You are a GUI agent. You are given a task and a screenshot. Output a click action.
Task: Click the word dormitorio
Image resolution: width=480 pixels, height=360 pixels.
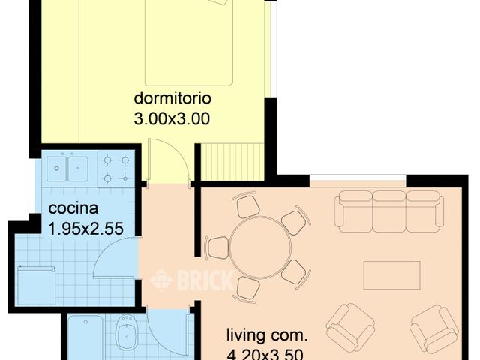pos(172,98)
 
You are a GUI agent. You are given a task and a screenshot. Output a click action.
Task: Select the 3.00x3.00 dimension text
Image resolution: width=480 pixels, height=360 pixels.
pos(171,118)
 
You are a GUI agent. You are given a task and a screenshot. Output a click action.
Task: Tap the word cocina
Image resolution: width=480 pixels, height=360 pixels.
pos(72,208)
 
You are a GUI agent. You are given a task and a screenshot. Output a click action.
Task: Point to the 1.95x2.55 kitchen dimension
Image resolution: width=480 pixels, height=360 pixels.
pos(85,229)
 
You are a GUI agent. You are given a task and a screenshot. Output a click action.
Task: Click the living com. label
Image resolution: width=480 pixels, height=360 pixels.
pos(268,334)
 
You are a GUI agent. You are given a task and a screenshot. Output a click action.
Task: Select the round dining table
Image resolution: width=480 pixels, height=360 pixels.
pos(256,248)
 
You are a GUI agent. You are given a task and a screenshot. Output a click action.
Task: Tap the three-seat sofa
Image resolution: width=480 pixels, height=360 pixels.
pos(388,209)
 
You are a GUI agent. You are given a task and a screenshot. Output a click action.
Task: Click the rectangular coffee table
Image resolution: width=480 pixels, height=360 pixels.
pos(391,274)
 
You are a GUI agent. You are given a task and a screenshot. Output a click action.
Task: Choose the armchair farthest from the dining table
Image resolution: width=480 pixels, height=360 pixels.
pos(434,328)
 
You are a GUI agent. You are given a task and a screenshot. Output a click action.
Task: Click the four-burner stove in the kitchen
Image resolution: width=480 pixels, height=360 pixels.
pos(116,168)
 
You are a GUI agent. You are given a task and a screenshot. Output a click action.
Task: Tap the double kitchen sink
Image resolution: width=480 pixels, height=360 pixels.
pos(67,168)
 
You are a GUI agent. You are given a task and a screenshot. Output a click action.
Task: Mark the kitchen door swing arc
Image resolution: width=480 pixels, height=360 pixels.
pos(112,259)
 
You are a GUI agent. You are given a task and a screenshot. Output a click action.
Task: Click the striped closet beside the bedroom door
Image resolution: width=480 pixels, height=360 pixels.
pos(230,163)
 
